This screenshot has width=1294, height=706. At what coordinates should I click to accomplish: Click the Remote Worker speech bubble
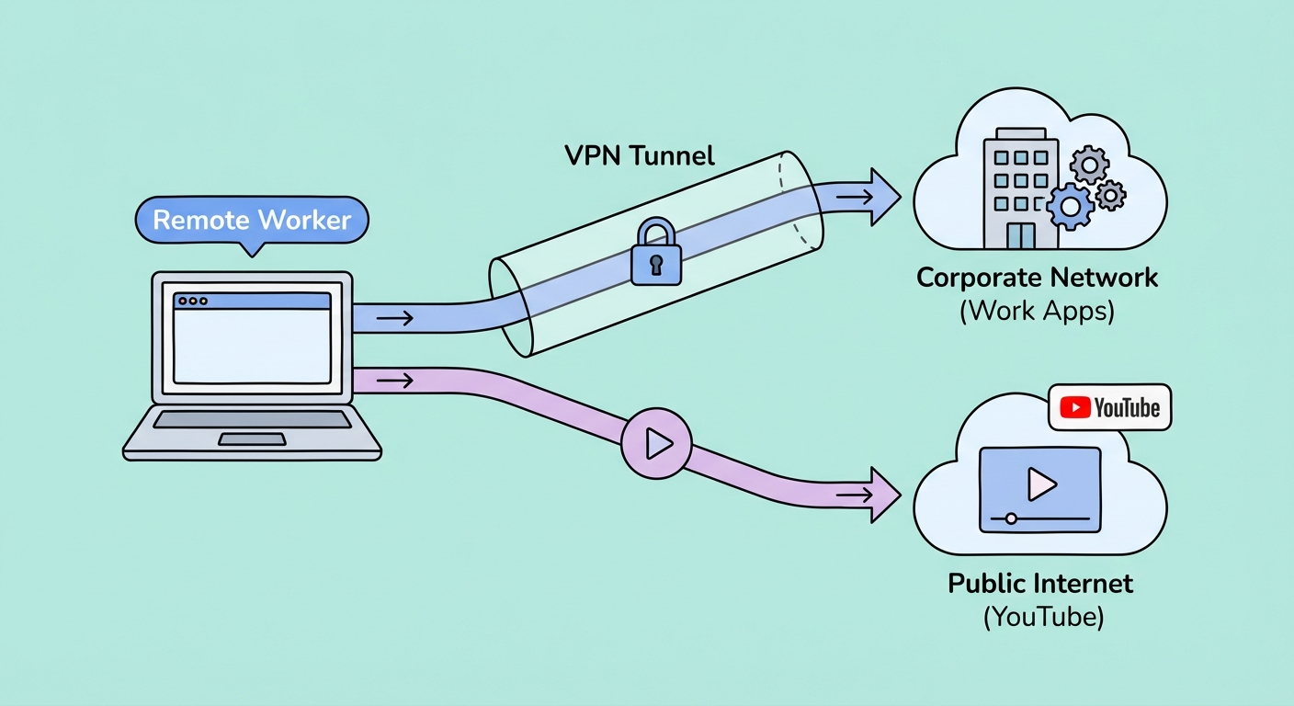(x=251, y=222)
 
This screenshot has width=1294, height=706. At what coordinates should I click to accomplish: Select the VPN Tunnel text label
(x=639, y=155)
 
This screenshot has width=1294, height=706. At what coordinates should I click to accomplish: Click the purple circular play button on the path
(x=655, y=444)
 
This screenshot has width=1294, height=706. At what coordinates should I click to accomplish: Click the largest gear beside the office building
(x=1071, y=206)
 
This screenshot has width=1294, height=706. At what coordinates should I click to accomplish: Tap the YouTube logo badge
(x=1109, y=407)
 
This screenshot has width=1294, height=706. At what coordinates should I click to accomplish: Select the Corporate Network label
(x=1038, y=278)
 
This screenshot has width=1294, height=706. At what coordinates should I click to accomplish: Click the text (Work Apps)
(x=1038, y=311)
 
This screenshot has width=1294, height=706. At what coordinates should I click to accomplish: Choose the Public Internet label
(x=1040, y=583)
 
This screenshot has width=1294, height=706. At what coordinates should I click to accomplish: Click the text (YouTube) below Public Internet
(x=1043, y=616)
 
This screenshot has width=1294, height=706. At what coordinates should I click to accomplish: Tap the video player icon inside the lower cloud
(x=1039, y=489)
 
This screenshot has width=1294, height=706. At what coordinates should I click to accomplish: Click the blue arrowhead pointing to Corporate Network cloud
(x=883, y=197)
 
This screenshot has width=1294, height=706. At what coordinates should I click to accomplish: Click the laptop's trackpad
(x=251, y=439)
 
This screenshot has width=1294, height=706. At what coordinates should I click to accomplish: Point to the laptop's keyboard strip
(x=251, y=419)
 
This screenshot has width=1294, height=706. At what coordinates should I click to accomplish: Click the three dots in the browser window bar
(x=193, y=301)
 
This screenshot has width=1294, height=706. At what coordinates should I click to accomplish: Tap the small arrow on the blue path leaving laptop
(x=394, y=318)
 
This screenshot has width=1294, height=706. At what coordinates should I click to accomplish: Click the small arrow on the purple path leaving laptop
(x=394, y=379)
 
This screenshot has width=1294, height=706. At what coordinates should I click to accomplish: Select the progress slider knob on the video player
(x=1011, y=518)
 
